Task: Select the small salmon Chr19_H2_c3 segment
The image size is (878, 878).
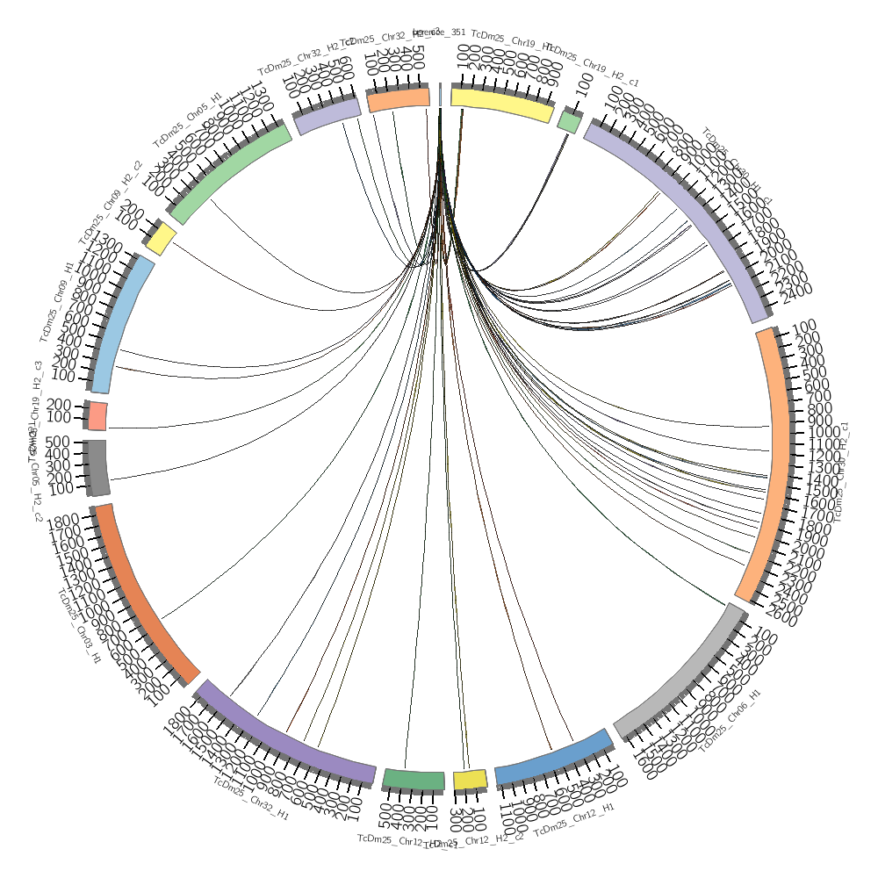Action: pyautogui.click(x=97, y=415)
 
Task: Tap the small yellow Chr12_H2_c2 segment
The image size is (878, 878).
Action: pyautogui.click(x=470, y=780)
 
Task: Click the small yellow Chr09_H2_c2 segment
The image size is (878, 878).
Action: pyautogui.click(x=162, y=238)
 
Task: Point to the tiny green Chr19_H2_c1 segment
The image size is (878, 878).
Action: pyautogui.click(x=569, y=122)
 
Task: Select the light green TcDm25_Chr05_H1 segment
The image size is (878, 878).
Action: pyautogui.click(x=231, y=173)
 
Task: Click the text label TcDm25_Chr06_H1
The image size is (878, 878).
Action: pyautogui.click(x=730, y=720)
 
